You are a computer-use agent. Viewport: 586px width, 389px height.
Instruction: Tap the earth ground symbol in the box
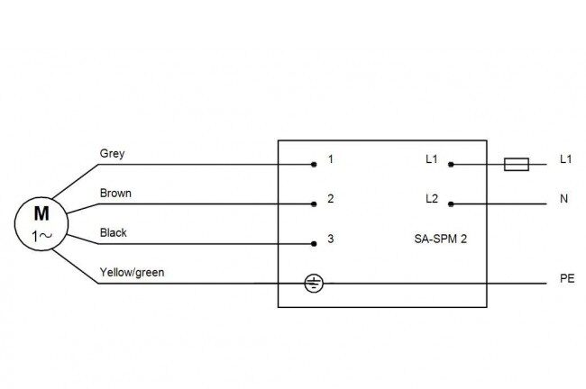[x=314, y=284]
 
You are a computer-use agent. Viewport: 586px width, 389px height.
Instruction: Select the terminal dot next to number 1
[x=314, y=164]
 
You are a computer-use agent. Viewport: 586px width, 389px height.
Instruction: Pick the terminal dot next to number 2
[x=314, y=204]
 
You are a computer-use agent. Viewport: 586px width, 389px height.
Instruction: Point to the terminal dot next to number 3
[x=314, y=244]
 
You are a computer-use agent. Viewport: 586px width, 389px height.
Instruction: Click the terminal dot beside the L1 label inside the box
[x=451, y=164]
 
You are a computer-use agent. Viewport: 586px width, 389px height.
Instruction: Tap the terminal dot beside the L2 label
[x=451, y=204]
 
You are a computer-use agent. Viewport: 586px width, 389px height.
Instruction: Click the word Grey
[x=112, y=154]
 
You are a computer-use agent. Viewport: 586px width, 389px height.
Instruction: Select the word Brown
[x=115, y=193]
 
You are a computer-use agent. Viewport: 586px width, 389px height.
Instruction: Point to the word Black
[x=114, y=232]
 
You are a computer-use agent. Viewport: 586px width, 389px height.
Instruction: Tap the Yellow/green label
[x=132, y=273]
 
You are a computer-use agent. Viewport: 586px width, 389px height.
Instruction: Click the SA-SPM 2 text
[x=441, y=239]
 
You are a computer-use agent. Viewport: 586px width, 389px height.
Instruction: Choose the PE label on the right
[x=567, y=278]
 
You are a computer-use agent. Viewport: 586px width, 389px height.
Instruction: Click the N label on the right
[x=564, y=199]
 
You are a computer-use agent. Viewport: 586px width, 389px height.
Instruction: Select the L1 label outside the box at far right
[x=566, y=159]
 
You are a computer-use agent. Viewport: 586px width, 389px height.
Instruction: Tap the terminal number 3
[x=331, y=239]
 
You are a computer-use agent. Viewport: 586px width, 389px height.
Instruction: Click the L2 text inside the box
[x=432, y=199]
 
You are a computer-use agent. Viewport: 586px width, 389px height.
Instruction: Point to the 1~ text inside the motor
[x=41, y=236]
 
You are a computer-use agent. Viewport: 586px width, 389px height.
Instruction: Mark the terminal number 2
[x=331, y=199]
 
